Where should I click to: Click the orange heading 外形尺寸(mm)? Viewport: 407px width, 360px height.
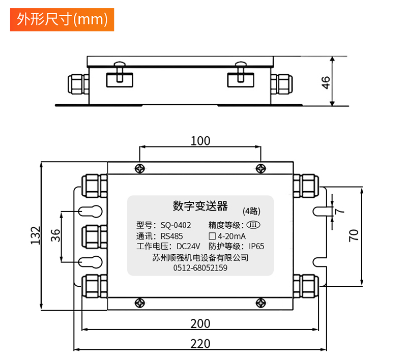(62, 19)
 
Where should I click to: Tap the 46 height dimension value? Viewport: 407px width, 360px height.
(326, 81)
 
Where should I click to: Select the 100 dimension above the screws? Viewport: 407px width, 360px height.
(200, 141)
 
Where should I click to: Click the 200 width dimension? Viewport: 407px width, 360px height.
(200, 323)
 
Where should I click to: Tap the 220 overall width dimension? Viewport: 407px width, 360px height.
(200, 343)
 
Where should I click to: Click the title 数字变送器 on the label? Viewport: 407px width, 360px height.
(200, 206)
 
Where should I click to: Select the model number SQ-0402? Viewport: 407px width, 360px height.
(176, 225)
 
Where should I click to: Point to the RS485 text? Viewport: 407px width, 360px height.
(171, 236)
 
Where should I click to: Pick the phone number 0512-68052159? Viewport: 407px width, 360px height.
(200, 267)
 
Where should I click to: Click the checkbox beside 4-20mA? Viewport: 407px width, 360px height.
(212, 236)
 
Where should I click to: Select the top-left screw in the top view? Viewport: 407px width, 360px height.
(139, 168)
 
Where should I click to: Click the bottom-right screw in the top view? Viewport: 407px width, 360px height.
(261, 304)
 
